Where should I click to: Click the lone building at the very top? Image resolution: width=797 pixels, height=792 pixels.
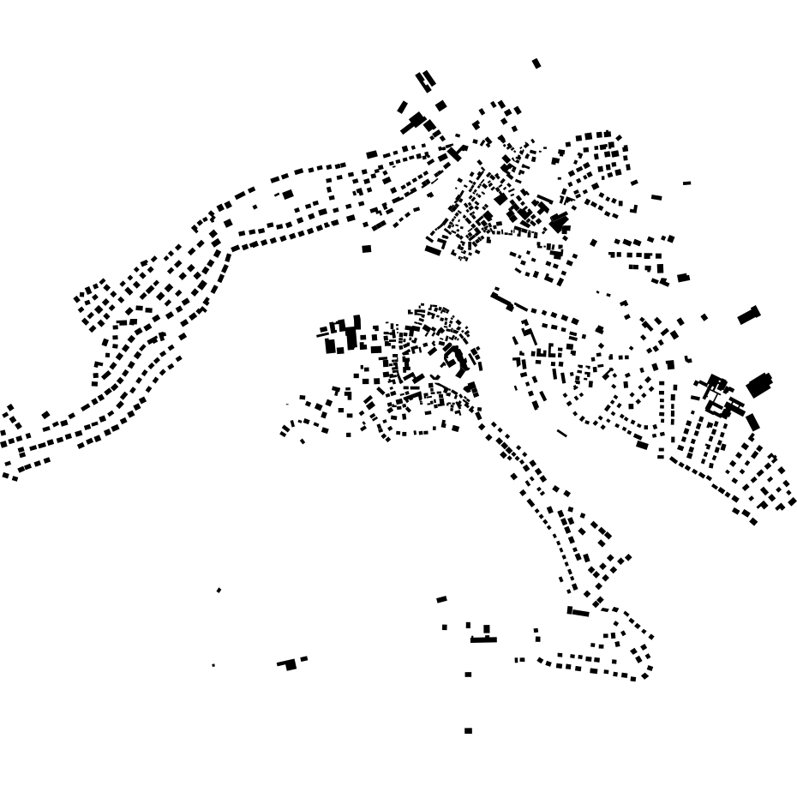[x=536, y=63]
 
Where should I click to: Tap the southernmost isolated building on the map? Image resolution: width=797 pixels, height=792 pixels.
[x=468, y=731]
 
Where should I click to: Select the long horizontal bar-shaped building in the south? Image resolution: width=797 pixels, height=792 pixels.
[x=483, y=639]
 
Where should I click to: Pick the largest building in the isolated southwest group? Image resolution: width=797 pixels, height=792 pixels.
[x=291, y=664]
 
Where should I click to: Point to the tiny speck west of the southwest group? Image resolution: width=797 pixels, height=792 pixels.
[x=213, y=665]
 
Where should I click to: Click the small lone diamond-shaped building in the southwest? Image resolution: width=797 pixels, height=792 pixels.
[x=219, y=591]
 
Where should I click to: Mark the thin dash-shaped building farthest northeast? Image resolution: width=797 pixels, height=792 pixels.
[x=686, y=183]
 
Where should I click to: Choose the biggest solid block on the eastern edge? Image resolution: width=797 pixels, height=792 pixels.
[x=758, y=386]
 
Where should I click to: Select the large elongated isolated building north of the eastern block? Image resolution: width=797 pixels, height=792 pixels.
[x=749, y=315]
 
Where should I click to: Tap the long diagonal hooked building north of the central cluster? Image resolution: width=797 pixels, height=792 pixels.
[x=503, y=300]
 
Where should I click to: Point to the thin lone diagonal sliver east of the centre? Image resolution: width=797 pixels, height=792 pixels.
[x=561, y=433]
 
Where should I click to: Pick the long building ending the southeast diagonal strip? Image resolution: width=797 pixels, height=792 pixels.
[x=578, y=612]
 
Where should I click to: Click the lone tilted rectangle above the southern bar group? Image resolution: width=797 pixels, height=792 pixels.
[x=441, y=599]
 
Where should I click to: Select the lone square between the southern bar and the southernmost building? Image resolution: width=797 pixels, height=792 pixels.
[x=468, y=675]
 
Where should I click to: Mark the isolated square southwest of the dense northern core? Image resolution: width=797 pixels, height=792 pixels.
[x=367, y=249]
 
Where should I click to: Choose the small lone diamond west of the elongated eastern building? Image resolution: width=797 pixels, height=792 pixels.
[x=704, y=317]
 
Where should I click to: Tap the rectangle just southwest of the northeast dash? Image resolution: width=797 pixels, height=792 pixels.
[x=656, y=197]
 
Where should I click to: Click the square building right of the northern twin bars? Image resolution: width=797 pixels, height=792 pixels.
[x=440, y=105]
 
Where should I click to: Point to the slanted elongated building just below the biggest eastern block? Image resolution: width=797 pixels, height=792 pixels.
[x=752, y=422]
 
